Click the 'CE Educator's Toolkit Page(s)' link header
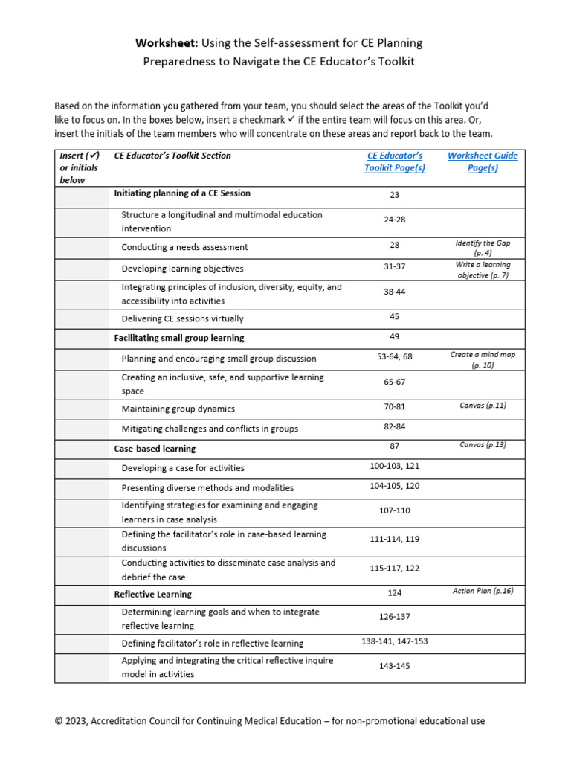point(394,161)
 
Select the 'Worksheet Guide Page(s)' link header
point(483,161)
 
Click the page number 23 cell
point(394,195)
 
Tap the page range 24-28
point(395,220)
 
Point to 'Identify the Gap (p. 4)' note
point(483,248)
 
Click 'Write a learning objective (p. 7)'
point(483,269)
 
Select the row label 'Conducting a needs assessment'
point(184,247)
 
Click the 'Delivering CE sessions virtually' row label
point(182,318)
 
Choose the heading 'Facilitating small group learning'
point(178,338)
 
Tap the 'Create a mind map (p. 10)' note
point(483,360)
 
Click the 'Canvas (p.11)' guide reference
point(483,406)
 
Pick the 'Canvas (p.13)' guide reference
point(483,445)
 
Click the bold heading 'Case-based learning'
point(155,449)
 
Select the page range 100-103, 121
point(395,466)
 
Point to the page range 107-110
point(395,510)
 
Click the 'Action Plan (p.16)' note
point(483,592)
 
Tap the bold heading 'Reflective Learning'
point(152,595)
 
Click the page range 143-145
point(395,666)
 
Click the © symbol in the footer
point(59,721)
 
